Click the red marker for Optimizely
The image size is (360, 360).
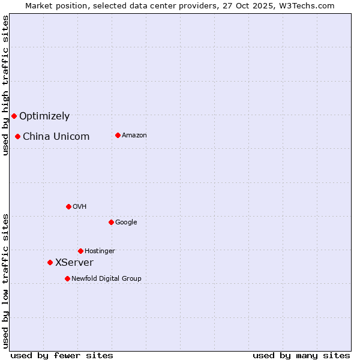14,116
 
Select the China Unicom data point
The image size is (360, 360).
18,136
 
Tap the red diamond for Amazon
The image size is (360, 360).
118,135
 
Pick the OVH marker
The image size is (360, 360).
68,206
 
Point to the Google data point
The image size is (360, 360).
111,222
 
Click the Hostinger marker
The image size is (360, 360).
80,251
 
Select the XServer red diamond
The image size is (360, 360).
50,262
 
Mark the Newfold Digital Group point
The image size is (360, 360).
67,278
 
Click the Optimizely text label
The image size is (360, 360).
44,116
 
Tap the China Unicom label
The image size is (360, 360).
56,137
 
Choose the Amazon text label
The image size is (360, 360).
134,136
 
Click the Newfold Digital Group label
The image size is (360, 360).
106,279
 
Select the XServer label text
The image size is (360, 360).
74,263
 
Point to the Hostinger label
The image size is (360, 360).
100,251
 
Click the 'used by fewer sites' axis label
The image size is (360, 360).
62,355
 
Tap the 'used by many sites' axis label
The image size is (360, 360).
301,355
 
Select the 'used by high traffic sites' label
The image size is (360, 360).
5,85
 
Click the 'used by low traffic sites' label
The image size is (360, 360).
5,281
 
